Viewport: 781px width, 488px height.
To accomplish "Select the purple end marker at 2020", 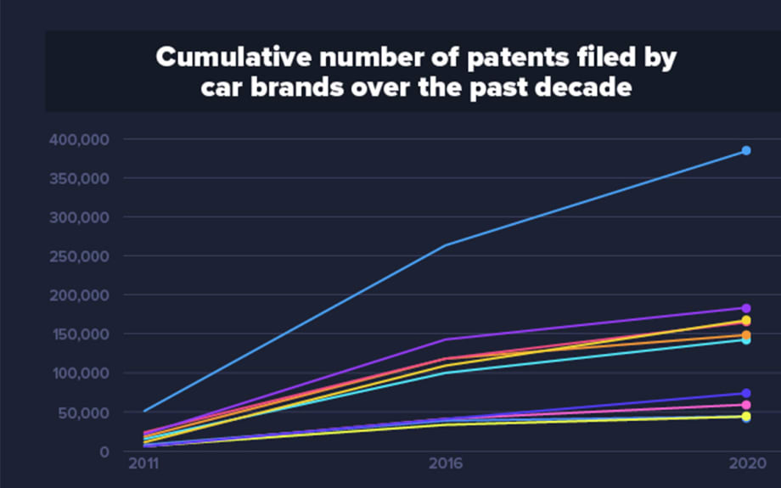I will [746, 308].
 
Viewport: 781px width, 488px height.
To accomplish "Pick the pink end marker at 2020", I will [746, 405].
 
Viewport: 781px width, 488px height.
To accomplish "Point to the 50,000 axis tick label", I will [89, 412].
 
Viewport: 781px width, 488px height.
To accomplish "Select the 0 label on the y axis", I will [104, 452].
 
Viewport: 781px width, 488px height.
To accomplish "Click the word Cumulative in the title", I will [224, 59].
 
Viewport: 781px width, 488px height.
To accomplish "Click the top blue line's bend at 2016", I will [445, 245].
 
